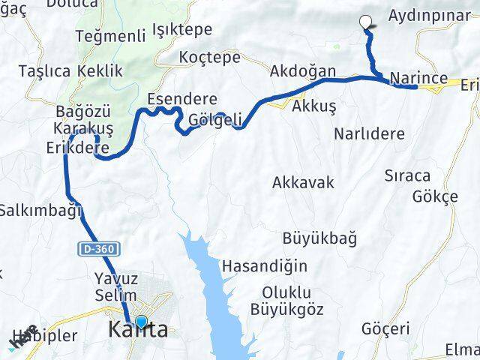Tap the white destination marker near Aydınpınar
click(366, 22)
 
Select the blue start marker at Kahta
click(140, 322)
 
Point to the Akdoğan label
click(303, 71)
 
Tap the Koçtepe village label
click(209, 57)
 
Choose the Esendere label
click(182, 99)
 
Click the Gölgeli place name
click(216, 120)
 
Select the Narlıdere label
click(369, 134)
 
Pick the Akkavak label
click(303, 182)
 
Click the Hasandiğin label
click(255, 265)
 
